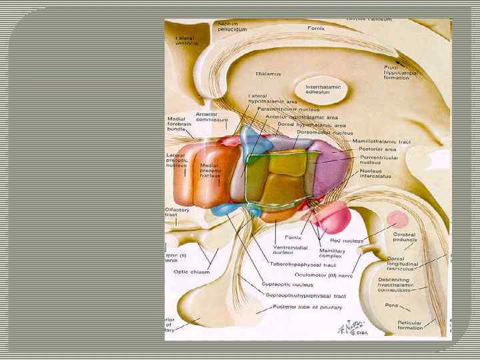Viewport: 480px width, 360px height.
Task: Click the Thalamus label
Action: click(268, 74)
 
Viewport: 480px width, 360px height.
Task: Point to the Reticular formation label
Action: click(409, 325)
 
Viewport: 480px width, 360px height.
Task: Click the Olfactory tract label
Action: click(178, 213)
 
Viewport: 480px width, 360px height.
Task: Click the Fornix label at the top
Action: click(317, 28)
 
